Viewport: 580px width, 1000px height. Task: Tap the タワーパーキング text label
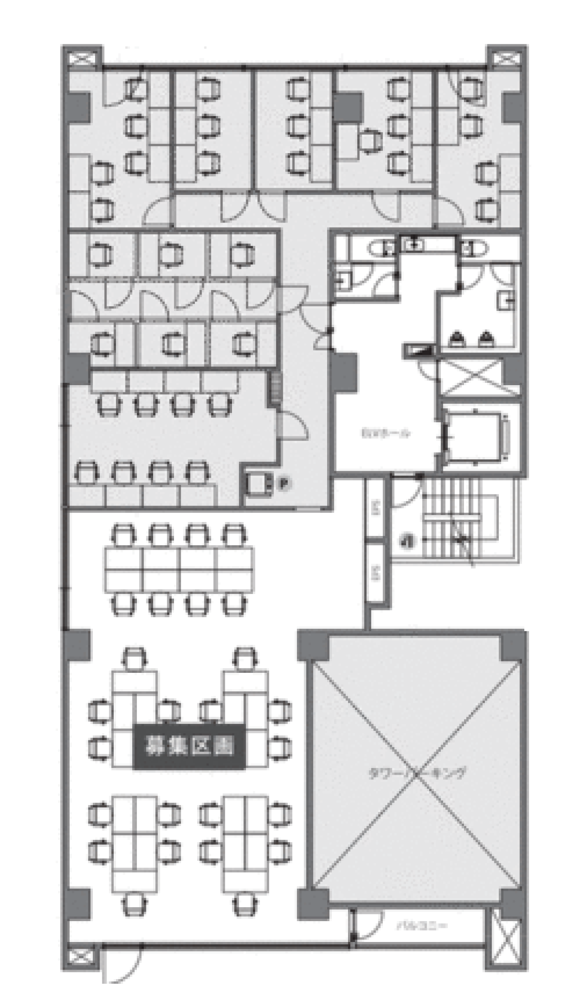click(x=417, y=773)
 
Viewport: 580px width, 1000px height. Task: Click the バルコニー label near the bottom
click(x=421, y=925)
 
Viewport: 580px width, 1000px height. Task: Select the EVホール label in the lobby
click(x=386, y=433)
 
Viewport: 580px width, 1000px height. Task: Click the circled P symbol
click(x=283, y=484)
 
